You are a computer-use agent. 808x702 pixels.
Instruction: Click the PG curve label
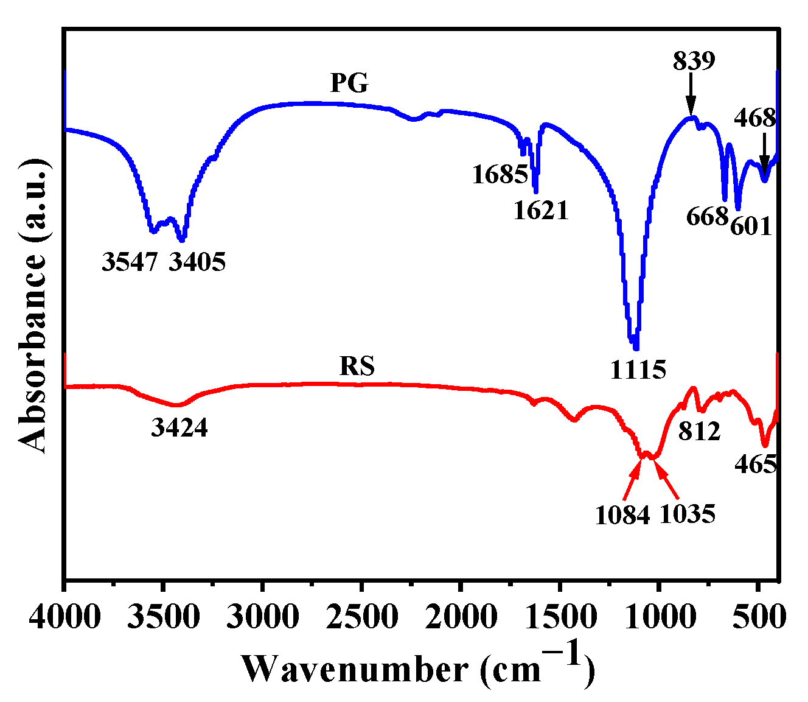click(x=350, y=83)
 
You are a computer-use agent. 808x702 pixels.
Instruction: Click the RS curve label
click(x=357, y=367)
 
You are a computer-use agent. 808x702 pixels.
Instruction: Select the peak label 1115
click(x=639, y=369)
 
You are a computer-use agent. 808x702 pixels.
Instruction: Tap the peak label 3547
click(x=130, y=262)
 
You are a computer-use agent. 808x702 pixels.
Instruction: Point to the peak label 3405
click(x=197, y=262)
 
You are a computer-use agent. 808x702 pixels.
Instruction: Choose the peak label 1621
click(x=541, y=211)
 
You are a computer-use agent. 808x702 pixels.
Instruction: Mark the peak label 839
click(x=694, y=61)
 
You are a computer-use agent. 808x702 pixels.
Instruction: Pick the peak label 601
click(x=751, y=227)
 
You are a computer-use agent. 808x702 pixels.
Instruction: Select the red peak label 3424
click(x=179, y=429)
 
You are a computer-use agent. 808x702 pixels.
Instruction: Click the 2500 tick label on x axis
click(x=361, y=617)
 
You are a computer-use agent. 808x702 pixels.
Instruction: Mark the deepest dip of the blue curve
click(x=636, y=348)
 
